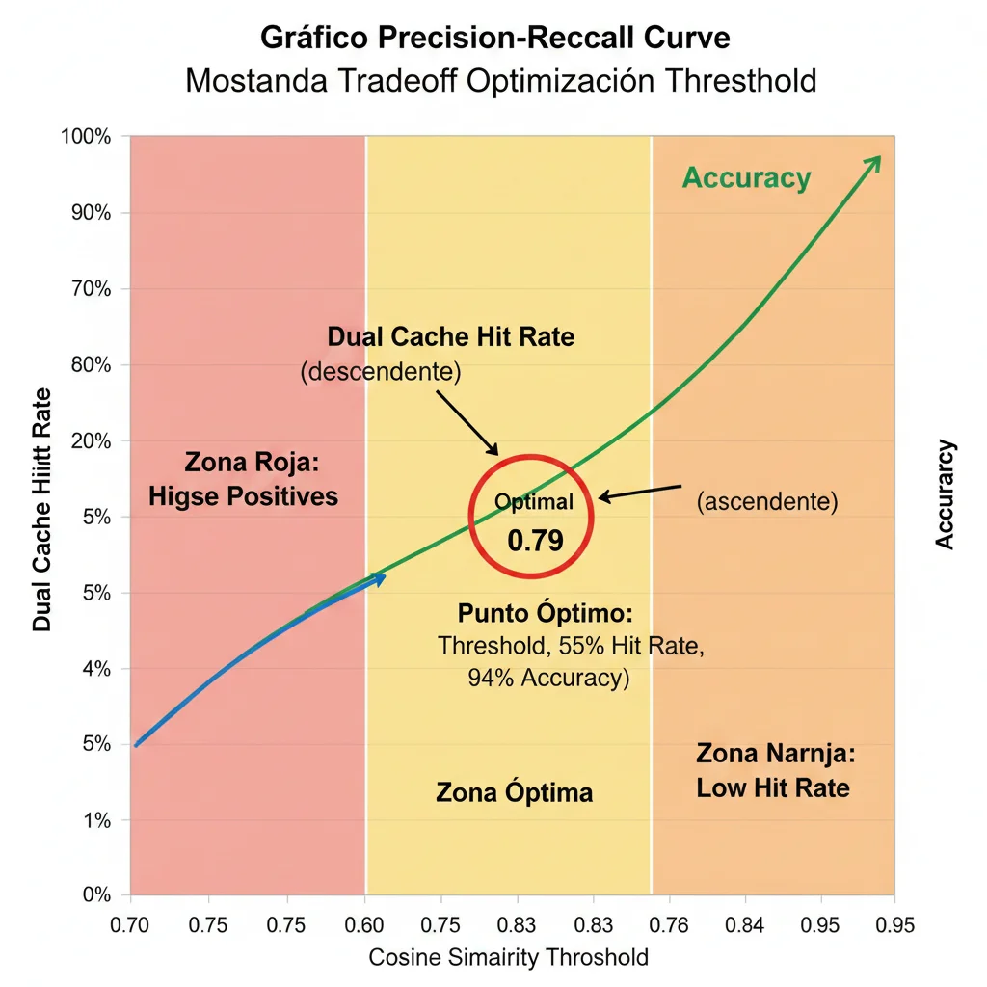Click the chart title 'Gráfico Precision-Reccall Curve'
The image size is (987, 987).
click(495, 38)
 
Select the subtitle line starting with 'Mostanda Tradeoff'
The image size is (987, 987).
click(500, 79)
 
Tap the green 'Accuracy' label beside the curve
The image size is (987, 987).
click(746, 178)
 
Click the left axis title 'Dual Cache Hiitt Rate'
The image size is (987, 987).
click(42, 510)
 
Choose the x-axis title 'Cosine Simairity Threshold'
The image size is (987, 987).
click(509, 957)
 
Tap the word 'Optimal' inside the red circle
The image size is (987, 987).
click(533, 501)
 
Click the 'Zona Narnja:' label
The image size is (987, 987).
click(775, 753)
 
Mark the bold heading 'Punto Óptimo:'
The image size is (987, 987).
click(545, 614)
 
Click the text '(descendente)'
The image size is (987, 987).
click(381, 372)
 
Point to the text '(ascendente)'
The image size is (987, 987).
click(766, 501)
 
